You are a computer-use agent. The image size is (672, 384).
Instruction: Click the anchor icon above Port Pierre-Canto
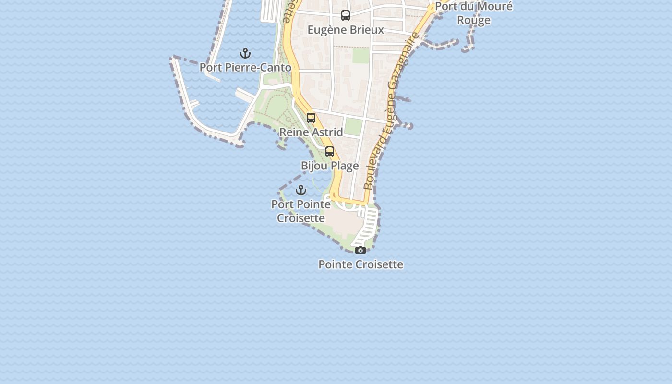click(x=245, y=53)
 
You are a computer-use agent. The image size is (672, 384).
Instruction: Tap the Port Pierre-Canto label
click(x=245, y=68)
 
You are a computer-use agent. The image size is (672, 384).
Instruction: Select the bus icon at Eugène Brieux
click(x=346, y=15)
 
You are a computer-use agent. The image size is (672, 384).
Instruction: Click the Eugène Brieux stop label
click(x=346, y=30)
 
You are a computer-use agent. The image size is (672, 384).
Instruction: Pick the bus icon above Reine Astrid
click(x=311, y=118)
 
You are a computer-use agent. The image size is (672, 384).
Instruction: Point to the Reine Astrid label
click(x=311, y=132)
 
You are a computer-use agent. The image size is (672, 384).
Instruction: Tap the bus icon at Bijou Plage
click(x=330, y=152)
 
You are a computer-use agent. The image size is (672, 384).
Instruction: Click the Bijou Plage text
click(x=330, y=166)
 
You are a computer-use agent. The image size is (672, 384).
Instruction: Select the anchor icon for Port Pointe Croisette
click(x=301, y=190)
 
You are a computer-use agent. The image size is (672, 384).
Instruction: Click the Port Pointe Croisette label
click(x=301, y=211)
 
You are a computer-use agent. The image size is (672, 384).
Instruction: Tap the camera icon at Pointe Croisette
click(x=360, y=250)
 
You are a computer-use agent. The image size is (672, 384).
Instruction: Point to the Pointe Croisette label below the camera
click(x=360, y=264)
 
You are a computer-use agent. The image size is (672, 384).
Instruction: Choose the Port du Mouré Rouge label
click(x=474, y=13)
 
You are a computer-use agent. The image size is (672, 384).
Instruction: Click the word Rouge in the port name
click(x=474, y=20)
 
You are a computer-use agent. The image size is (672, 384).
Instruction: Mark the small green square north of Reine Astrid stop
click(x=354, y=127)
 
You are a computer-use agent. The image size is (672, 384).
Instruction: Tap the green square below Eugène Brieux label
click(x=361, y=55)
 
